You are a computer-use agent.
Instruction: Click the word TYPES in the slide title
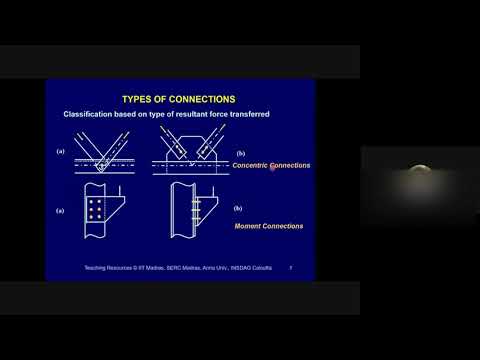pos(136,99)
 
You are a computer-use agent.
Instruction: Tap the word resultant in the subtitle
pos(190,116)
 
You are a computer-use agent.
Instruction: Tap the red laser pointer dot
pos(272,167)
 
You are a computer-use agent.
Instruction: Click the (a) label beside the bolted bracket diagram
pos(61,211)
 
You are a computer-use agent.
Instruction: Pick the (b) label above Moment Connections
pos(238,208)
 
